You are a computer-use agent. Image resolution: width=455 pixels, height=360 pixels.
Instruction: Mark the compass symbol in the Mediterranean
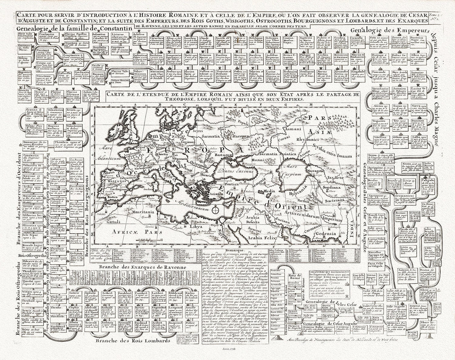[x=215, y=209]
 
